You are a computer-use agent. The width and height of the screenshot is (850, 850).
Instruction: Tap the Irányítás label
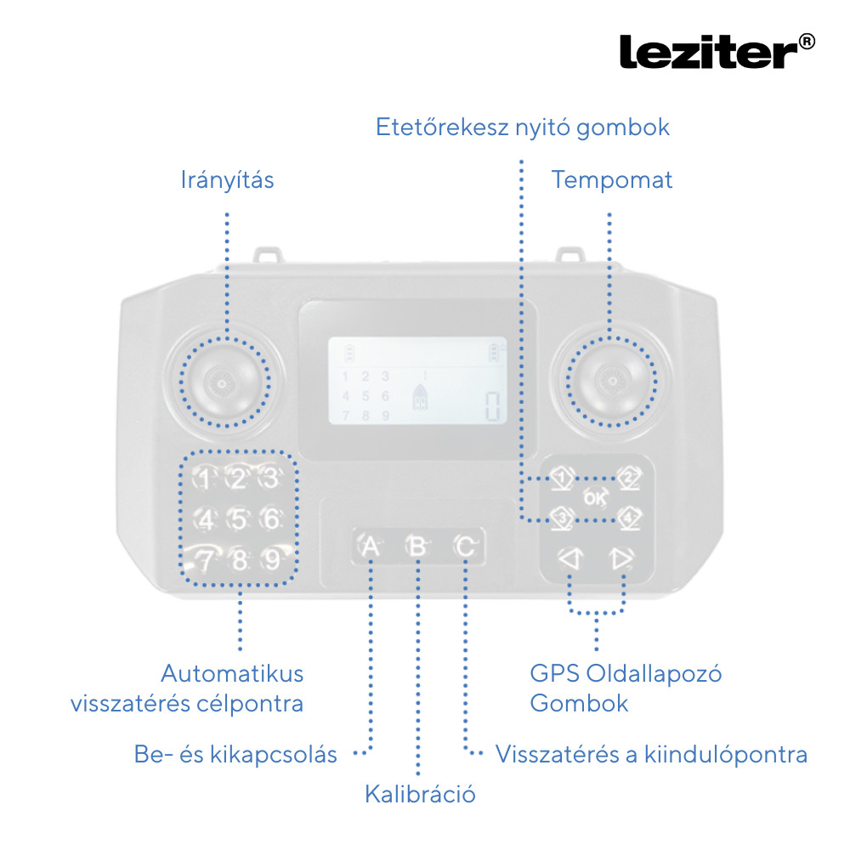coord(227,180)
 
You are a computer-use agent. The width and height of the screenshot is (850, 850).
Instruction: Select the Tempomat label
coord(611,180)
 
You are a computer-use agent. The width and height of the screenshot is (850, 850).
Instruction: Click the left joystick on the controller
coord(224,382)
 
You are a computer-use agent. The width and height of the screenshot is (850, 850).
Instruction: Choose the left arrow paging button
coord(568,558)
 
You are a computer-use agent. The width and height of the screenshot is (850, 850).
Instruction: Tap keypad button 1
coord(205,479)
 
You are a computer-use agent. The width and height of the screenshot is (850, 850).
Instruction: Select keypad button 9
coord(271,560)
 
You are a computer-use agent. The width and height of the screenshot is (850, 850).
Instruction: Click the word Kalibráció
coord(420,795)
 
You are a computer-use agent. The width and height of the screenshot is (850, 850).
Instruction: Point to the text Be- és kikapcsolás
coord(235,754)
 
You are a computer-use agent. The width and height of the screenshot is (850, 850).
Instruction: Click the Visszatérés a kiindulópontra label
coord(651,754)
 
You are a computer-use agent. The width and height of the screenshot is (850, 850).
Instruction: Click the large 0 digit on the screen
coord(492,406)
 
